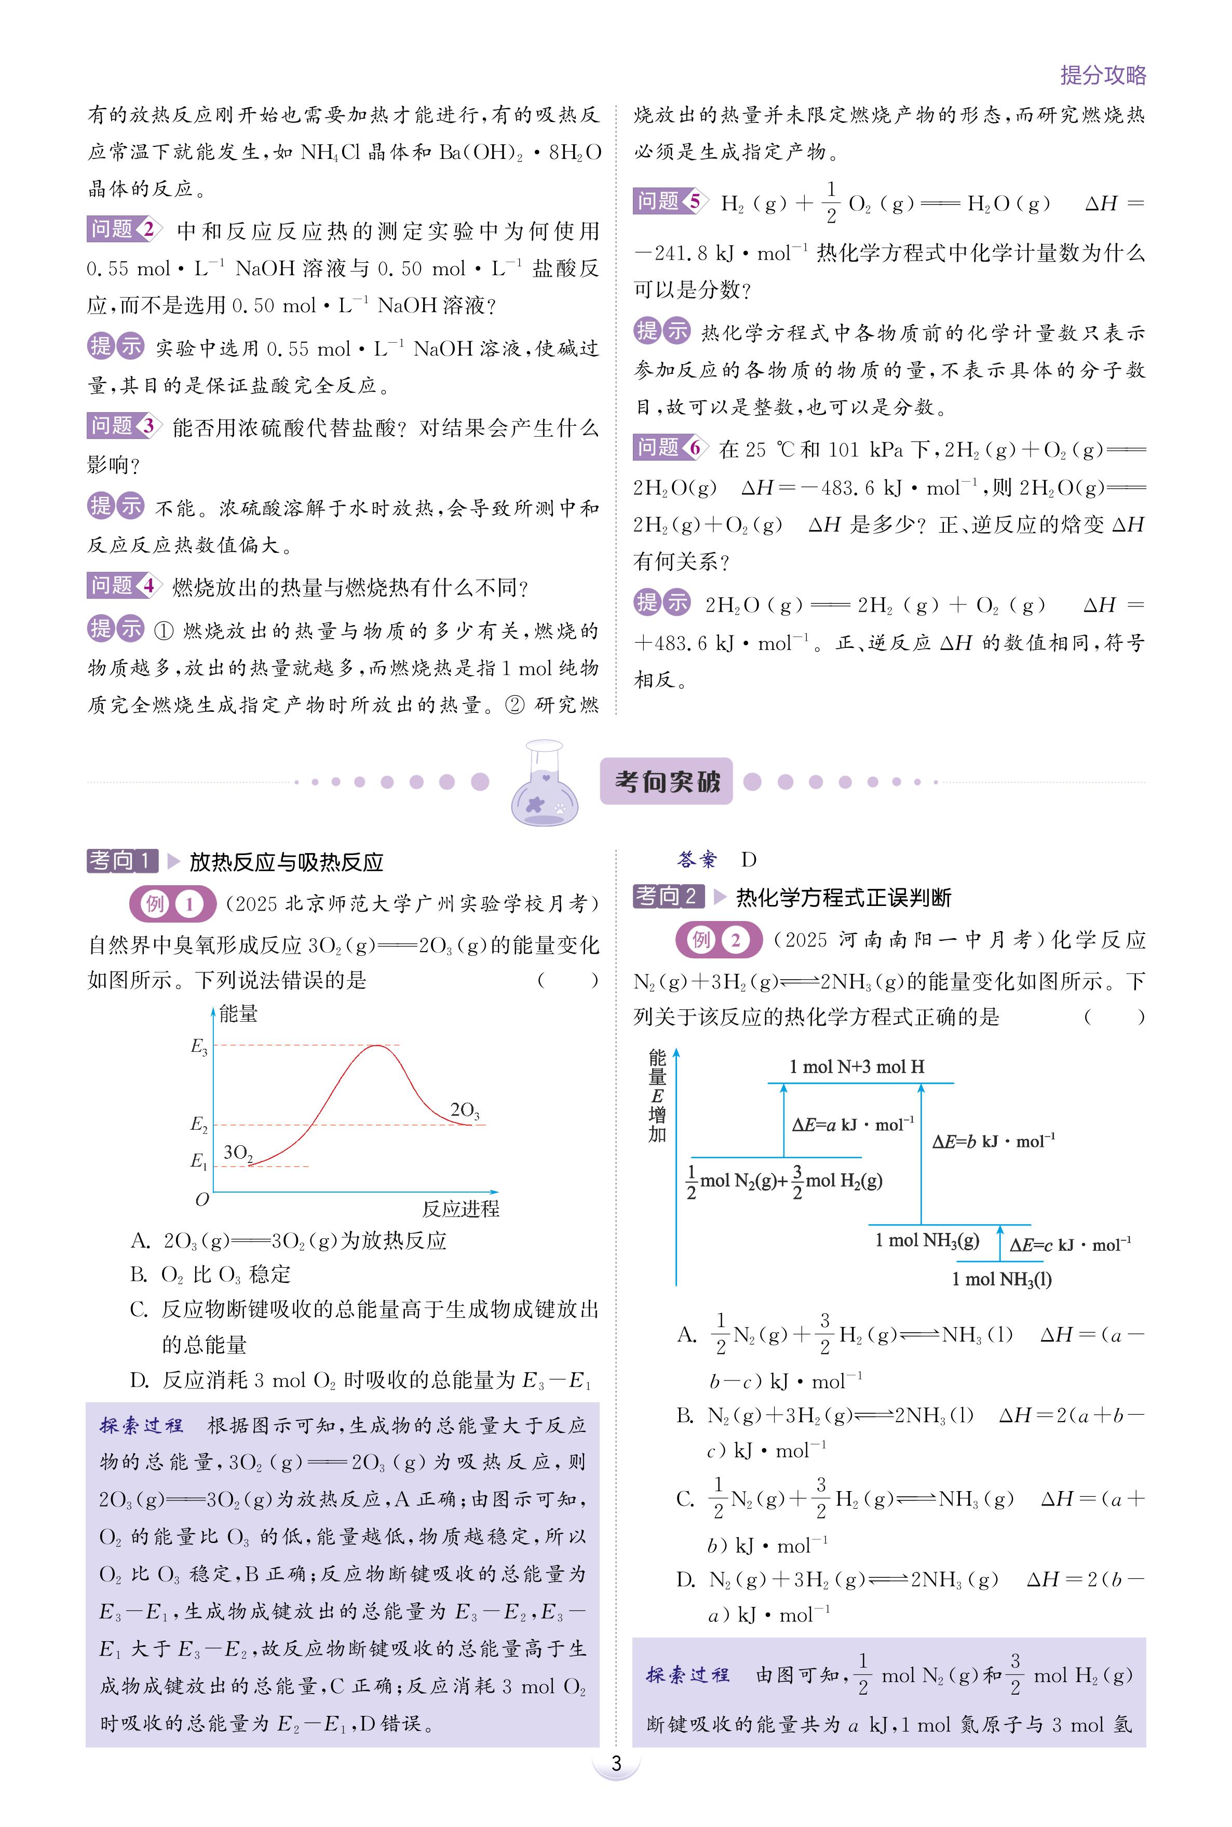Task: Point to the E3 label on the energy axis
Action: tap(199, 1046)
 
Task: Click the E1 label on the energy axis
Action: tap(199, 1161)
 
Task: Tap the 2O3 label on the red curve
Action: tap(464, 1111)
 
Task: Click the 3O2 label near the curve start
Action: tap(238, 1153)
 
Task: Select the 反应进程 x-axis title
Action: tap(461, 1209)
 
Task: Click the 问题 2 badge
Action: tap(124, 229)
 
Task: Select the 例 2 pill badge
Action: tap(718, 940)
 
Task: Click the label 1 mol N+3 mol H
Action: tap(857, 1066)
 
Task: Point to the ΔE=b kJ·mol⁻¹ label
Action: tap(993, 1141)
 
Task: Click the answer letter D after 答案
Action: tap(749, 860)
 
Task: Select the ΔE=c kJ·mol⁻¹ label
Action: tap(1070, 1244)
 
